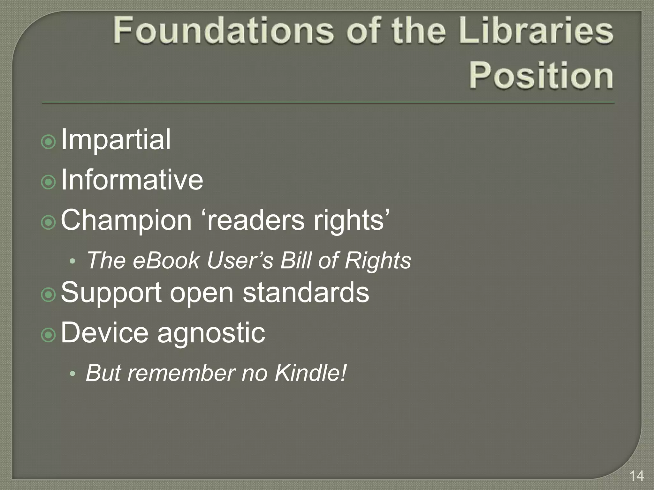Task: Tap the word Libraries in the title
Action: pos(537,31)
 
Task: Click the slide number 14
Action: pos(636,476)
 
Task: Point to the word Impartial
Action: pos(116,139)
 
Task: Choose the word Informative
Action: pos(132,180)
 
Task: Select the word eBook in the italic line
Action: pos(166,261)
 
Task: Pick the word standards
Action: pos(306,293)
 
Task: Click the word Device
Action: pos(104,333)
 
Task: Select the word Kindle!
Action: pos(310,373)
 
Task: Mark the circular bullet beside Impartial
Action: pos(49,142)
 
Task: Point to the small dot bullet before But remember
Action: pos(73,374)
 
